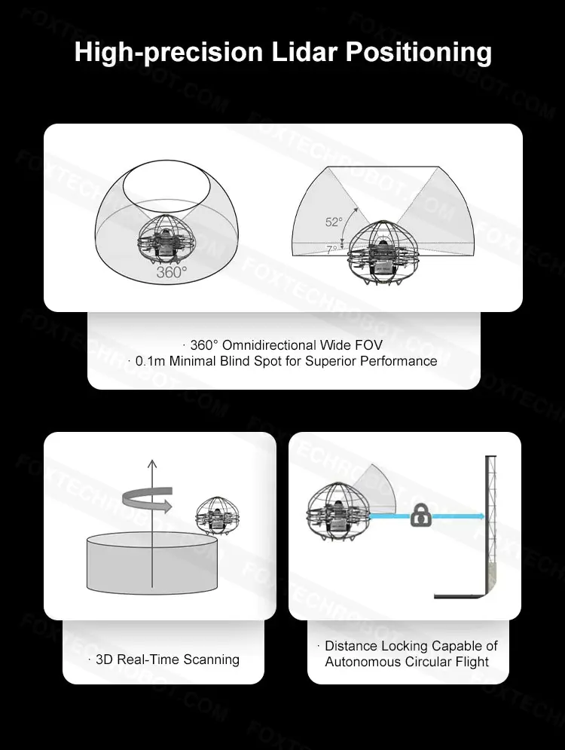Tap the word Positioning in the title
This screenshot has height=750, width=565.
point(419,53)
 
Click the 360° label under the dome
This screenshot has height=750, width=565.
point(172,271)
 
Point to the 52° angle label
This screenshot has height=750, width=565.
point(334,222)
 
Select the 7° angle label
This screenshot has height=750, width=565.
point(331,249)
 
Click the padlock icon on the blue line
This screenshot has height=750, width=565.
point(420,515)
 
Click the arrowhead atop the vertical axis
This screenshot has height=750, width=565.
point(152,464)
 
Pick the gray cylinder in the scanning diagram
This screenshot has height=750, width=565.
point(152,565)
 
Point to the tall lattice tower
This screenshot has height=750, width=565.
point(490,524)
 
